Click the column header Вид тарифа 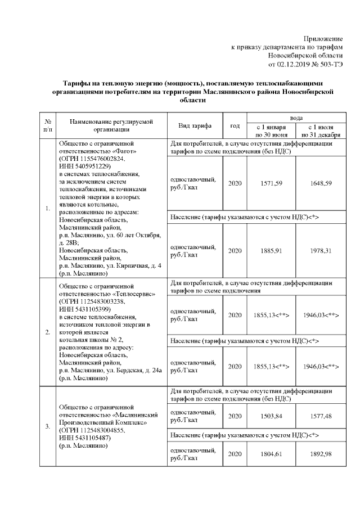[x=195, y=125]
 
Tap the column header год [x=235, y=125]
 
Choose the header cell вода [x=296, y=117]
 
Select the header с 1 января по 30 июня [x=272, y=130]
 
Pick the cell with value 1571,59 [x=272, y=183]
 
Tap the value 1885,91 [x=272, y=250]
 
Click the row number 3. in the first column [x=47, y=426]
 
